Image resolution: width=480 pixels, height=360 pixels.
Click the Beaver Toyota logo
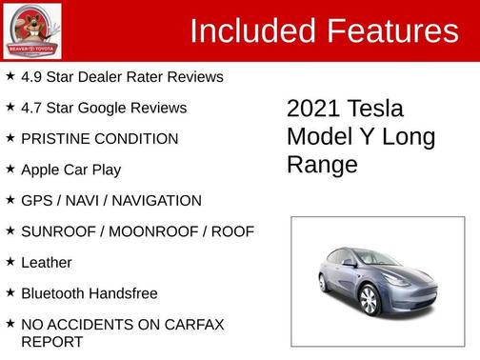click(32, 30)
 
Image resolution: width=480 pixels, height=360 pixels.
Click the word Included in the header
click(250, 31)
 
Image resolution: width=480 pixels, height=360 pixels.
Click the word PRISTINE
click(54, 138)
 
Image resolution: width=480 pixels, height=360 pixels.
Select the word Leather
click(47, 262)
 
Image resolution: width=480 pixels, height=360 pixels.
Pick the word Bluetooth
click(56, 293)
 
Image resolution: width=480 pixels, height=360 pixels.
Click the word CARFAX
click(191, 324)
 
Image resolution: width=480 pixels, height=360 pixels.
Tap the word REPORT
click(52, 341)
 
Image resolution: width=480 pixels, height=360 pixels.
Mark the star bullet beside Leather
click(10, 261)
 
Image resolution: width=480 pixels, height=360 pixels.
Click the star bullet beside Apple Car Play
click(10, 169)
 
